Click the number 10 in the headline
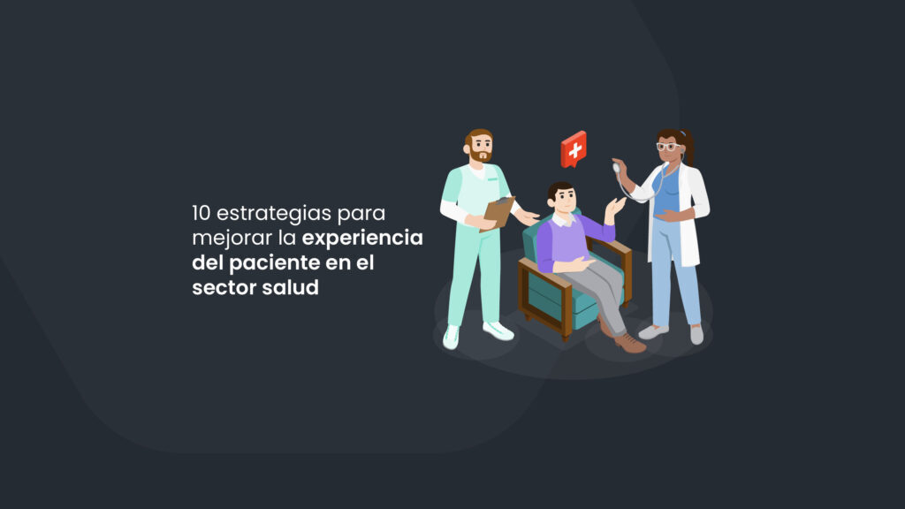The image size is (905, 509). tap(202, 213)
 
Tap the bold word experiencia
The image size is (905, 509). tap(362, 239)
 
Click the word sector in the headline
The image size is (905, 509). tap(219, 288)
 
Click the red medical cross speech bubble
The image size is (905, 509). tap(574, 149)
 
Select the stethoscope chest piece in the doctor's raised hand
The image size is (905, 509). tap(616, 167)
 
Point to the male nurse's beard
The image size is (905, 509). tap(480, 156)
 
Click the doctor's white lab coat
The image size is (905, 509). tap(693, 203)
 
